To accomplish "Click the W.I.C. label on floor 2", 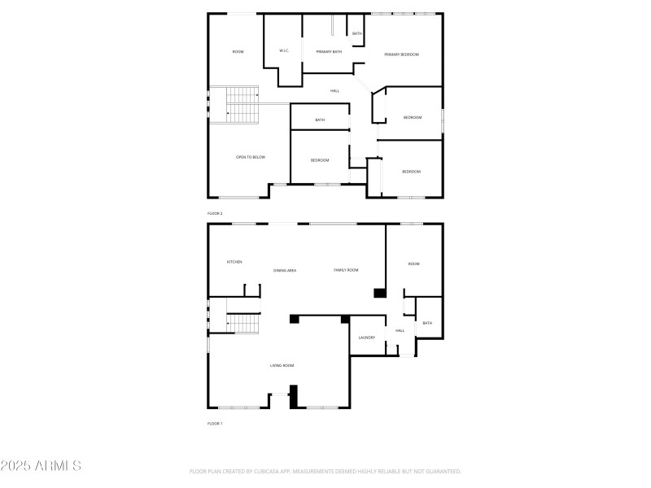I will (x=284, y=51).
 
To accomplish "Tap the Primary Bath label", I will (x=329, y=52).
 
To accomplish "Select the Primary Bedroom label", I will (x=401, y=54).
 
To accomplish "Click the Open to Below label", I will (x=251, y=157).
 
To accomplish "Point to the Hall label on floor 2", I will (x=334, y=91).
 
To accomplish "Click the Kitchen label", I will (x=234, y=262).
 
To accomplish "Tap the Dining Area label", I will (x=285, y=270).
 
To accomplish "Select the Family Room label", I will (x=346, y=270).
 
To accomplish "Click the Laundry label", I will (x=366, y=338).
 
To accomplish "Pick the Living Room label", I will (x=282, y=366).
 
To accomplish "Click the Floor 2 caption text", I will (x=215, y=213).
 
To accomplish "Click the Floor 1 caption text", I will (x=215, y=424).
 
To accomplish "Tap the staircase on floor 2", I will (x=241, y=105).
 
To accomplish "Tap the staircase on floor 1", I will (x=241, y=324).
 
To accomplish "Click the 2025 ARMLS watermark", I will (x=41, y=466).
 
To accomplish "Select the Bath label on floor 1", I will (x=427, y=324).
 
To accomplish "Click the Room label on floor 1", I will (x=413, y=264).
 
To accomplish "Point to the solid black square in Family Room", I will (x=379, y=293).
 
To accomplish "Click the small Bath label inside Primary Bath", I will (x=356, y=33).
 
